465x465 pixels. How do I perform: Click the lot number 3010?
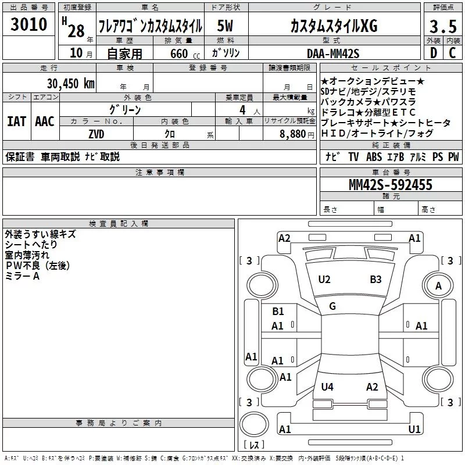click(x=28, y=24)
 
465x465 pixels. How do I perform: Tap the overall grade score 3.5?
click(x=443, y=26)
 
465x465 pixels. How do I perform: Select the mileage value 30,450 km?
click(x=70, y=84)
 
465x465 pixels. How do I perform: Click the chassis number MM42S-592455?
click(x=390, y=185)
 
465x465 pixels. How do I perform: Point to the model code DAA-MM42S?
click(x=333, y=53)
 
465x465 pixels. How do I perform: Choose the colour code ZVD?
click(x=96, y=134)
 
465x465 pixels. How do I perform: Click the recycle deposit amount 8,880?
click(x=292, y=134)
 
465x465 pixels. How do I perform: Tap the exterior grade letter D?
click(x=433, y=53)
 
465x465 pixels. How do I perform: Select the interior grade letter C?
click(x=452, y=53)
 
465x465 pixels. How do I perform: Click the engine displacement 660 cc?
click(x=185, y=53)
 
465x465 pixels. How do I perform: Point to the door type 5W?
click(x=225, y=26)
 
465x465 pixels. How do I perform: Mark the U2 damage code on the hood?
click(x=324, y=280)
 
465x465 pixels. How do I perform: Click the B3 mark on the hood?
click(x=375, y=280)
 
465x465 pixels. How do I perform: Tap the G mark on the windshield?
click(x=332, y=306)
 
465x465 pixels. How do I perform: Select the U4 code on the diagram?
click(x=327, y=387)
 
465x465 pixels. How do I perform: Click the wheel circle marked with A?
click(x=438, y=285)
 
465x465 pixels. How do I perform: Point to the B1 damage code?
click(x=278, y=312)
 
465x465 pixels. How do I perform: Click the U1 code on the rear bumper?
click(x=414, y=429)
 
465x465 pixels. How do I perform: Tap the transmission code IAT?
click(x=16, y=121)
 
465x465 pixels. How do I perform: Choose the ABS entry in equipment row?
click(x=374, y=156)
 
